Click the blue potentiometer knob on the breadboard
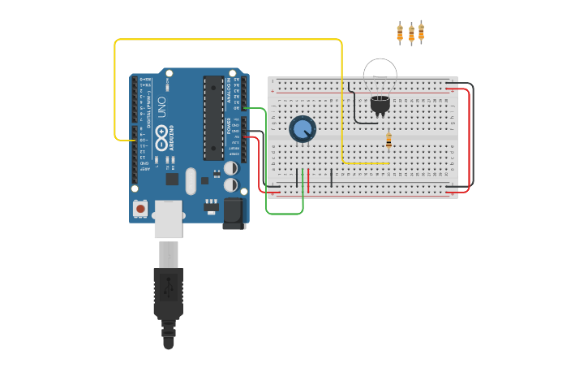pyautogui.click(x=303, y=128)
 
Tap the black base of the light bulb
pyautogui.click(x=380, y=103)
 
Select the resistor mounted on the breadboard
pyautogui.click(x=388, y=141)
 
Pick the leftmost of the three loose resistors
pyautogui.click(x=400, y=32)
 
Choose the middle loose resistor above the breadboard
pyautogui.click(x=411, y=33)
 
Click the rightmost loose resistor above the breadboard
pyautogui.click(x=421, y=32)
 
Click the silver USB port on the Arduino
pyautogui.click(x=168, y=219)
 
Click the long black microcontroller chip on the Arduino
pyautogui.click(x=213, y=118)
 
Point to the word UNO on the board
pyautogui.click(x=161, y=107)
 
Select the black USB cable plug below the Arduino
pyautogui.click(x=168, y=292)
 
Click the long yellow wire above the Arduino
pyautogui.click(x=227, y=39)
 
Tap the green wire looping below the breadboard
pyautogui.click(x=284, y=214)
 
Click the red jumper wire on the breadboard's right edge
pyautogui.click(x=469, y=138)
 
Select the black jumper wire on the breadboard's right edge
pyautogui.click(x=473, y=130)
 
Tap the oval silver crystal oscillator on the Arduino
pyautogui.click(x=191, y=180)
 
